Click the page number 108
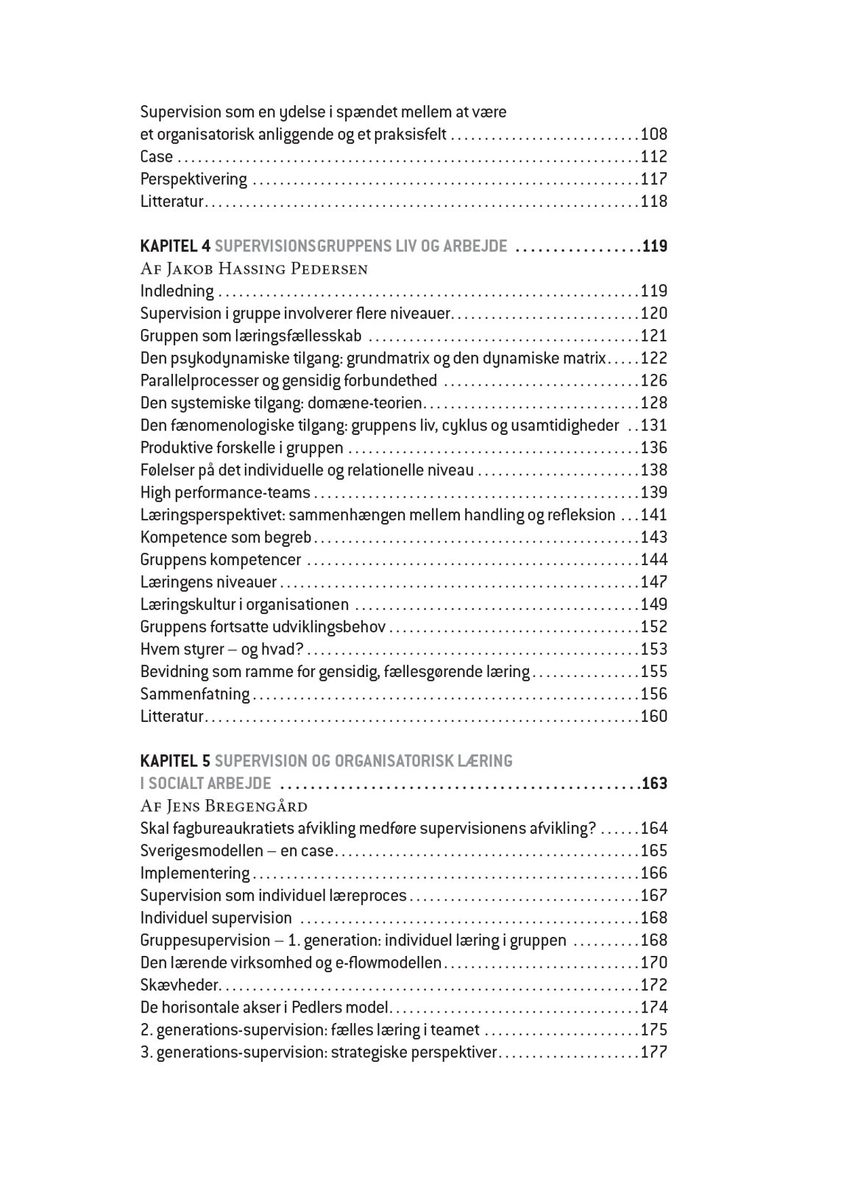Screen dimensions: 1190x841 coord(654,135)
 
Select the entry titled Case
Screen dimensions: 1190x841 coord(157,157)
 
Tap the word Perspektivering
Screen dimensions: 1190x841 coord(194,180)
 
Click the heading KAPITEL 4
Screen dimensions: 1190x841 coord(175,247)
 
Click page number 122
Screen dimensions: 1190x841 coord(654,358)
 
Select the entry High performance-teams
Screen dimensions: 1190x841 coord(225,493)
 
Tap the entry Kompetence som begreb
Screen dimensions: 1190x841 coord(226,538)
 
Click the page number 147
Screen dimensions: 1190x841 coord(654,582)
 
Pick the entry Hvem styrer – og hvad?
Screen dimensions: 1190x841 coord(222,650)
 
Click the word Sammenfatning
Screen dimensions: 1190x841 coord(195,695)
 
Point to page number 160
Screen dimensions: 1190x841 coord(654,717)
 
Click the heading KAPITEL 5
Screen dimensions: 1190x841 coord(175,761)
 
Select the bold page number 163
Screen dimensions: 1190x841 coord(654,784)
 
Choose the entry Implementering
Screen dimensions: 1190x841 coord(195,874)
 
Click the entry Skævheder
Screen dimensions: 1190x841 coord(180,985)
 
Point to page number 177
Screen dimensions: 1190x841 coord(654,1052)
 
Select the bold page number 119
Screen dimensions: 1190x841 coord(654,247)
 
